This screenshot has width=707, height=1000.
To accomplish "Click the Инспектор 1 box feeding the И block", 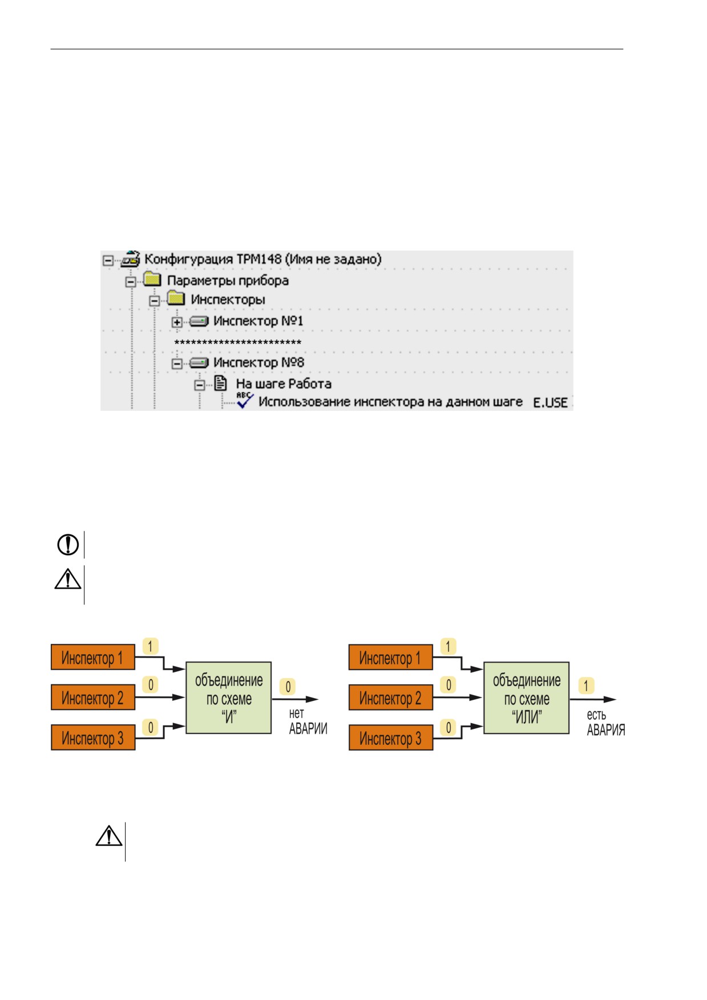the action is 93,658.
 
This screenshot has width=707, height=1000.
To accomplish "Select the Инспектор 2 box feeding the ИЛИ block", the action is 391,697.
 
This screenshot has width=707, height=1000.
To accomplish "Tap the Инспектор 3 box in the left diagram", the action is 93,737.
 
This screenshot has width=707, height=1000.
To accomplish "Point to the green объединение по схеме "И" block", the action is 229,697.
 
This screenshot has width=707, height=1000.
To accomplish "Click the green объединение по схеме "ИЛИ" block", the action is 527,697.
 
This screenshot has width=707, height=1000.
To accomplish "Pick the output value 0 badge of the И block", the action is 288,687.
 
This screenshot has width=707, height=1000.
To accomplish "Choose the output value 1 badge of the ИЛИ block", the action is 586,686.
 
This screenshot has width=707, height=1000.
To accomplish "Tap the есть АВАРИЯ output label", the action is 606,723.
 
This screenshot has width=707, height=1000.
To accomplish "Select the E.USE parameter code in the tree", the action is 550,402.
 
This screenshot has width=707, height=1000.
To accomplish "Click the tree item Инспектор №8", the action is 258,362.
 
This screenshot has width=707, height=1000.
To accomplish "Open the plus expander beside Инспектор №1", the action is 177,322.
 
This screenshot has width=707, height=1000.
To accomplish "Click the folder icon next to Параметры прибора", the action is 152,279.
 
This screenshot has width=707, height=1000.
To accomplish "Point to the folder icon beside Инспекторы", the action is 176,298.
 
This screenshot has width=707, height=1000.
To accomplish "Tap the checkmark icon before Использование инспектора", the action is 245,400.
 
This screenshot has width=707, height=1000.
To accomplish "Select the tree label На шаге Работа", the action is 284,384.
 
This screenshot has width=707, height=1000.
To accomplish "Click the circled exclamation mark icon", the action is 68,545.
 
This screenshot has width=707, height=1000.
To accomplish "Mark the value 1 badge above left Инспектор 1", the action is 150,646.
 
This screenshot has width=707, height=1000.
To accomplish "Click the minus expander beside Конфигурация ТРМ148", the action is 108,260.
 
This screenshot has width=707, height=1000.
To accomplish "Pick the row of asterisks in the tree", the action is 238,342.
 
